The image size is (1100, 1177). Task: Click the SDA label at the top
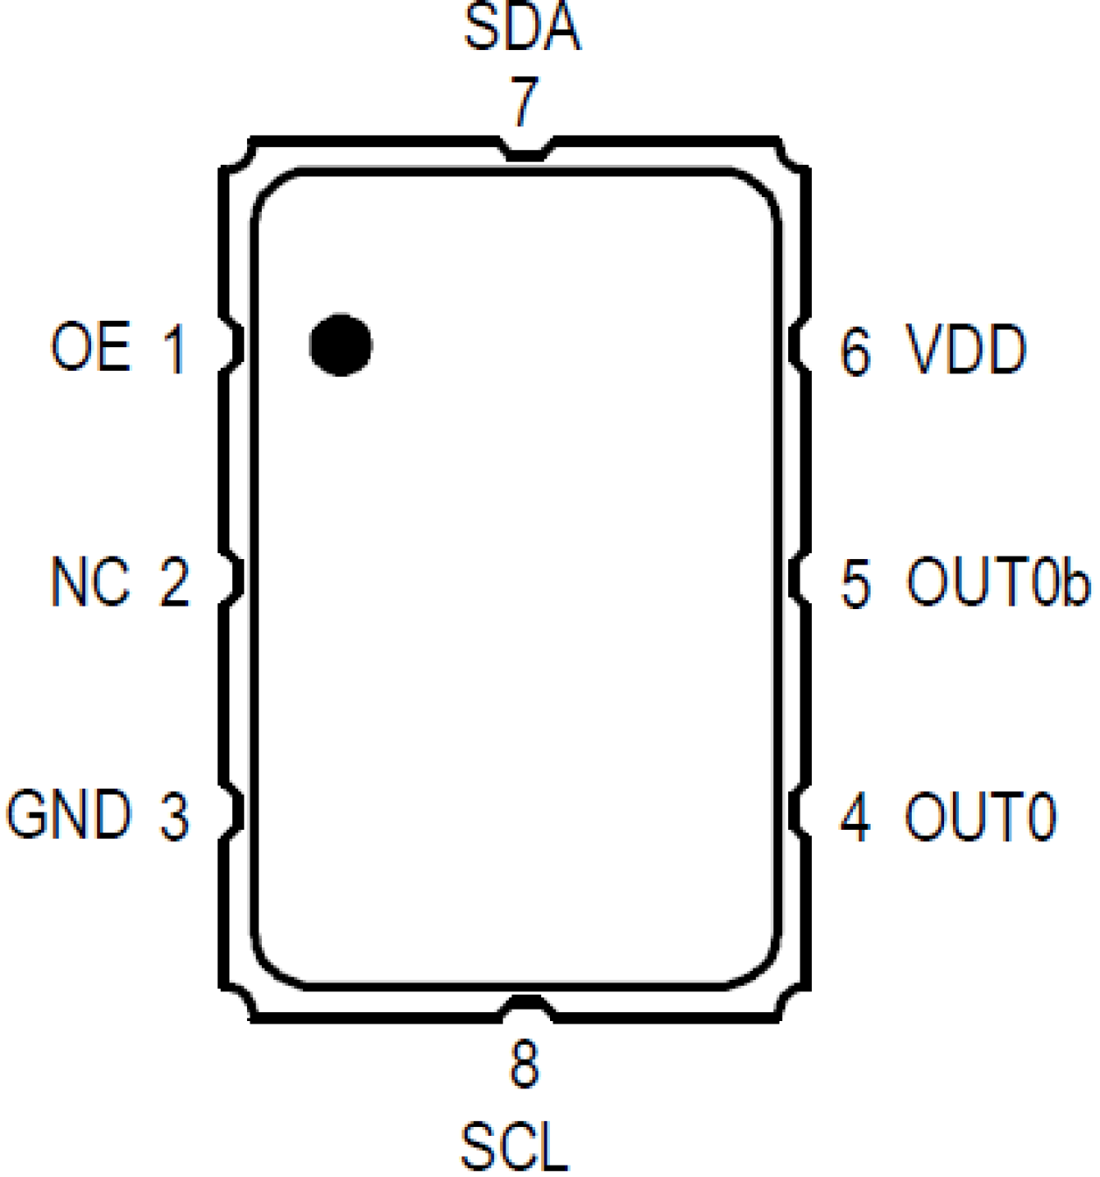522,27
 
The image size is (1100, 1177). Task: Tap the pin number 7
525,102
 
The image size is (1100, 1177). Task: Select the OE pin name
90,346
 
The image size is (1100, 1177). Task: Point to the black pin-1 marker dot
341,344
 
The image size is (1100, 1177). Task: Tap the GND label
69,814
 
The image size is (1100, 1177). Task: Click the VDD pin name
966,350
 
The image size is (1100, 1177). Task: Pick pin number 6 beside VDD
856,351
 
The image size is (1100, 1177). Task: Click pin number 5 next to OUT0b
856,583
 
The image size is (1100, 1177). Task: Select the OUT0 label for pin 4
980,817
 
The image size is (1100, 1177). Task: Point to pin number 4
856,817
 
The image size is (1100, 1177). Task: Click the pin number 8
525,1065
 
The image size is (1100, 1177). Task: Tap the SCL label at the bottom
515,1146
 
